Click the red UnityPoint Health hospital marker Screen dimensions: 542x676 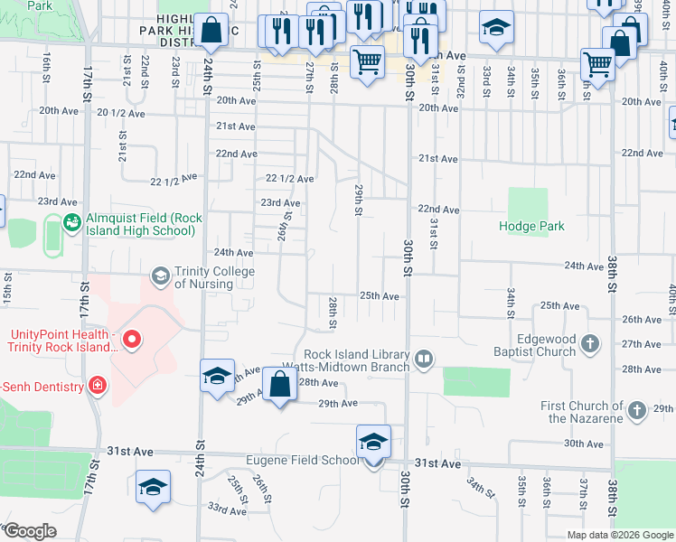[x=132, y=340]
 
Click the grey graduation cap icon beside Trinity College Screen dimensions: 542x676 [x=161, y=274]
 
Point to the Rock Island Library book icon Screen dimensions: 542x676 [x=422, y=360]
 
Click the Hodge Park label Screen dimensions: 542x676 [x=531, y=226]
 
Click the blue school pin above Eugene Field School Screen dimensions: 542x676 [x=373, y=442]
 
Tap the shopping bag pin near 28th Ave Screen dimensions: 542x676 [x=280, y=385]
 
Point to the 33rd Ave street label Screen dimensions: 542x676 [x=227, y=510]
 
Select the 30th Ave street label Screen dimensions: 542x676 [x=583, y=444]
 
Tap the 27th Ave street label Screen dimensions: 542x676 [x=641, y=344]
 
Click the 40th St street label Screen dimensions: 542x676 [x=671, y=294]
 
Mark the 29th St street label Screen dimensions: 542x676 [x=359, y=201]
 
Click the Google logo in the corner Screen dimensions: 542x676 [x=30, y=531]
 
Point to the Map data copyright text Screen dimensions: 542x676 [x=619, y=535]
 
